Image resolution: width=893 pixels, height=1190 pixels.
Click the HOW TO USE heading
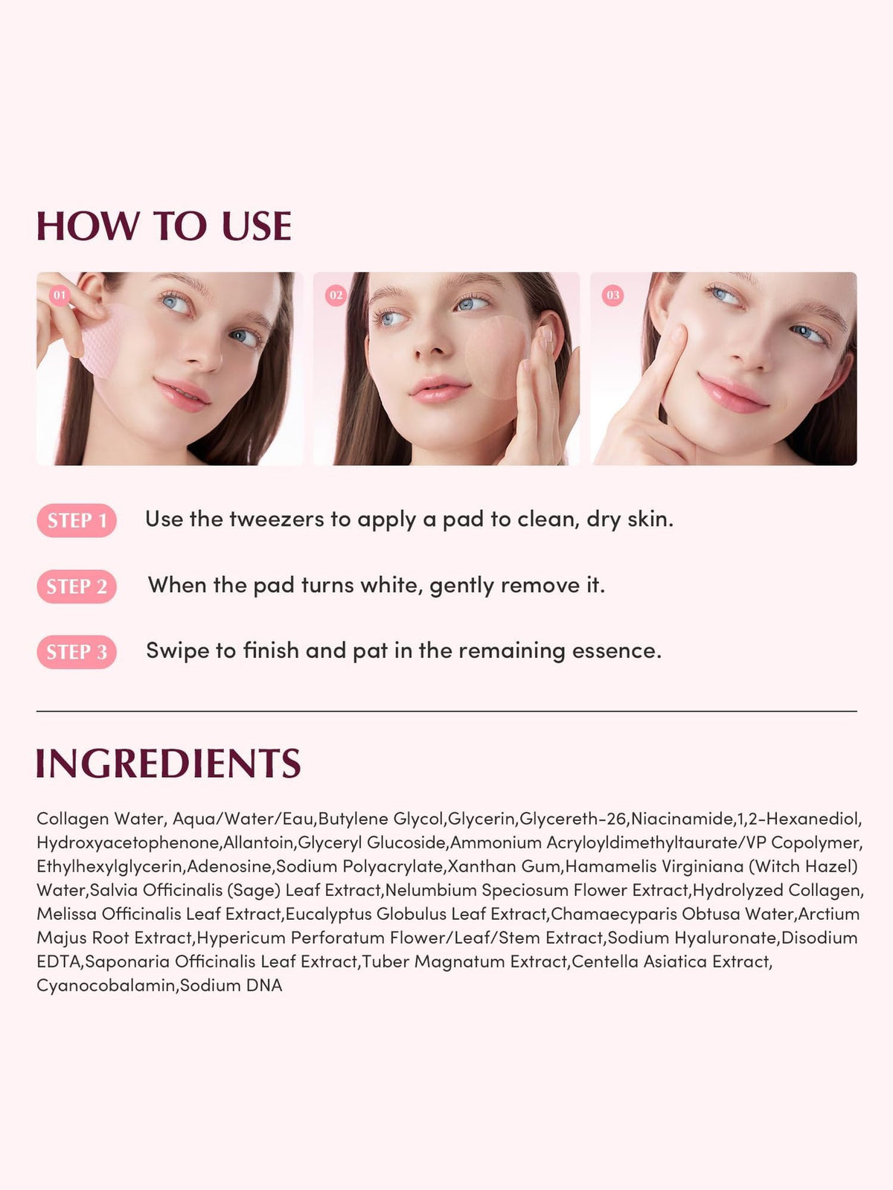point(164,225)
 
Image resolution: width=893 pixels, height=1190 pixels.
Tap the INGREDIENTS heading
point(168,763)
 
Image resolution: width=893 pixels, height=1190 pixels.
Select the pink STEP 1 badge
point(77,520)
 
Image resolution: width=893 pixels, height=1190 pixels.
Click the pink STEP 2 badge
point(77,586)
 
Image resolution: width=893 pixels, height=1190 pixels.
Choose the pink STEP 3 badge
point(77,652)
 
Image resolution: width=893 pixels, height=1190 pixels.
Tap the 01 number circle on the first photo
point(60,295)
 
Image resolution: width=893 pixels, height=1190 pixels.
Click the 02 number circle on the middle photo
point(336,295)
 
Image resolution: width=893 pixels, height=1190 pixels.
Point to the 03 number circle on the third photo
point(613,295)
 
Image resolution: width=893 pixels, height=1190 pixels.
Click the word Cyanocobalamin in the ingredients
point(106,985)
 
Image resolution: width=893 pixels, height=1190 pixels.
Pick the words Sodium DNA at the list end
point(231,985)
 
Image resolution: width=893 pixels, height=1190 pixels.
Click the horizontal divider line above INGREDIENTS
point(446,711)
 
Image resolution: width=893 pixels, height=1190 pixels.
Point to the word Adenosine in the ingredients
point(230,866)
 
